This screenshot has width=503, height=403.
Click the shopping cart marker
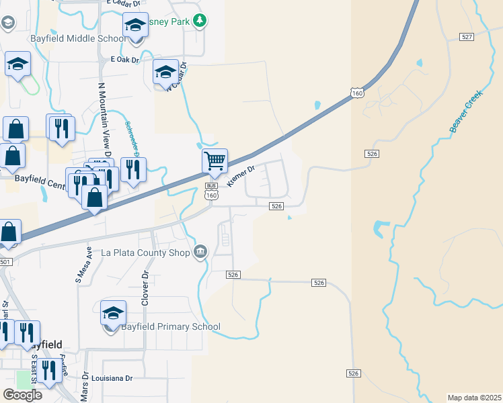[215, 161]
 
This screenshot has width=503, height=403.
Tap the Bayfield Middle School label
[77, 38]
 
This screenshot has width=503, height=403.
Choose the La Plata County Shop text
[145, 253]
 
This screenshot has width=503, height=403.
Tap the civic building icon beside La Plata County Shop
[200, 253]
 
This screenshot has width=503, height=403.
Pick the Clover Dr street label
[145, 289]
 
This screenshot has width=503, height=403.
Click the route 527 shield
[467, 36]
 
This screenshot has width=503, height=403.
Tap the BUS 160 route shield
[211, 191]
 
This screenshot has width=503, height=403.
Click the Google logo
[22, 394]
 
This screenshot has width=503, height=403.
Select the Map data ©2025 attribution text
[474, 398]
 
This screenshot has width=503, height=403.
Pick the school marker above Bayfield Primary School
[113, 313]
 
